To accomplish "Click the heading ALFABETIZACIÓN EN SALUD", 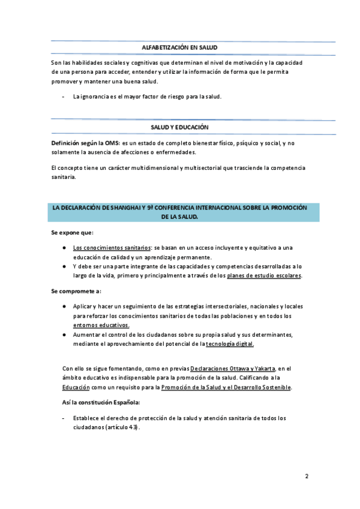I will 179,47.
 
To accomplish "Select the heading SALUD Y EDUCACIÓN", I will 179,127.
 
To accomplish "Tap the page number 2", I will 307,477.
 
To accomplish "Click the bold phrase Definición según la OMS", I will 86,143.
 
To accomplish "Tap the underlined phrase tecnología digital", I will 230,344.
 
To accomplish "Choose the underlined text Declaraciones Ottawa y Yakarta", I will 233,368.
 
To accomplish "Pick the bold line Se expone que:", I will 72,232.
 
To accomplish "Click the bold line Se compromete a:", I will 76,291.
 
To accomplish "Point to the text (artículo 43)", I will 122,427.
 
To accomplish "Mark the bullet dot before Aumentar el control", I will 64,334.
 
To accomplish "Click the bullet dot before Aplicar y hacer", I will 64,306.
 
